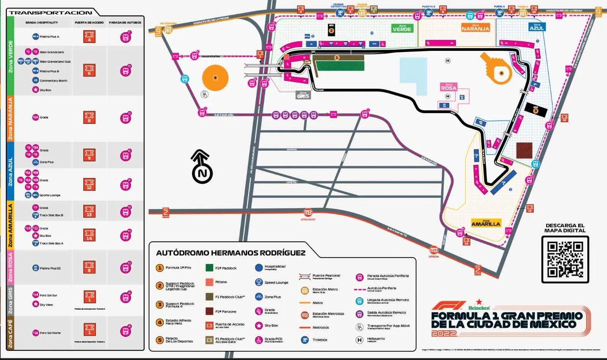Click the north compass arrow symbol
pos(201,167)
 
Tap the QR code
pos(565,259)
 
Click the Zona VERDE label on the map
pos(402,28)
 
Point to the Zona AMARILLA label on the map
pos(486,223)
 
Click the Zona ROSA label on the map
pos(448,87)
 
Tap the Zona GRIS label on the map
pos(303,95)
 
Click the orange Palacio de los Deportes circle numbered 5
pos(215,78)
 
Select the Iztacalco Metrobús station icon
pos(308,212)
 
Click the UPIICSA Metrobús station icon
pos(434,250)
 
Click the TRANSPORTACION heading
pos(50,13)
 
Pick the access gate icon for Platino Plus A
pos(89,37)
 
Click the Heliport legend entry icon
pos(359,340)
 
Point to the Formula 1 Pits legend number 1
pos(160,268)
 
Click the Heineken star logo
pos(479,302)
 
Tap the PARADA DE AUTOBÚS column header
pos(125,22)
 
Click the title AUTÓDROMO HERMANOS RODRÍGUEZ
pos(231,253)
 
